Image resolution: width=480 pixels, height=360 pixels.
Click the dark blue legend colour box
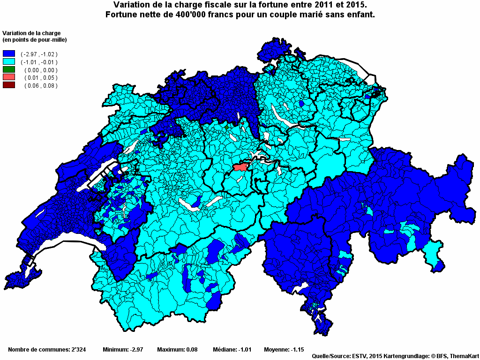(9, 54)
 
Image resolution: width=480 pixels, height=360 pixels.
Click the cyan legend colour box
(9, 62)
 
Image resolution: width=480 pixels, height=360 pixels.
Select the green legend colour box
(9, 70)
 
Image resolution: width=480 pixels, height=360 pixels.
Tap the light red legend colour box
(9, 77)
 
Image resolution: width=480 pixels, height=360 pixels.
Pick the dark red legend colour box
(9, 85)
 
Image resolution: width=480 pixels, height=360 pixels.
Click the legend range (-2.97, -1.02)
(39, 54)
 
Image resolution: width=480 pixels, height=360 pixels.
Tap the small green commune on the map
(227, 127)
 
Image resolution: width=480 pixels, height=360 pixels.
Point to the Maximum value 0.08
(191, 350)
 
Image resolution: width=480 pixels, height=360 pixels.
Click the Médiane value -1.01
(245, 350)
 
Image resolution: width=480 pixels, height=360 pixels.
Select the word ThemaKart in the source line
(464, 356)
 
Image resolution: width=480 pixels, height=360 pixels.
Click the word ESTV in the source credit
(360, 356)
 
